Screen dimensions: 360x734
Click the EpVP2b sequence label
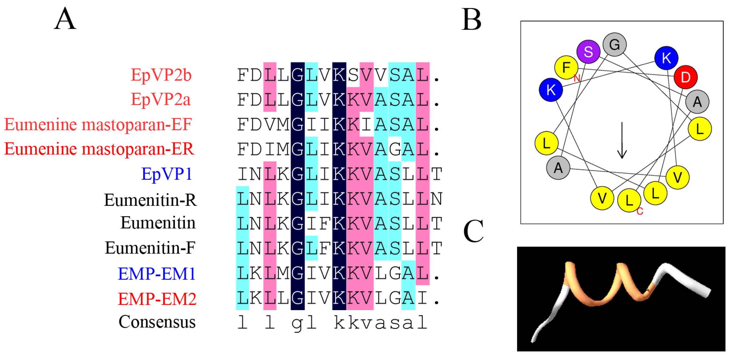(161, 75)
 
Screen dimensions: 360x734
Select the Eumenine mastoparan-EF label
(98, 124)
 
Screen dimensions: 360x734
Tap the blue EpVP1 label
(167, 174)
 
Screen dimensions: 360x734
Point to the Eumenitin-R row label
(150, 200)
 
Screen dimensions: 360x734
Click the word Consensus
(157, 322)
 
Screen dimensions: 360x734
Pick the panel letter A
(65, 19)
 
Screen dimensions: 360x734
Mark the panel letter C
(473, 231)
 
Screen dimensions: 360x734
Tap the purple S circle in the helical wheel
(588, 52)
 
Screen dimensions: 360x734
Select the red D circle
(685, 77)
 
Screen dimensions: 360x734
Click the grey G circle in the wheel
(615, 44)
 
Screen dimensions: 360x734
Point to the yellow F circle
(566, 67)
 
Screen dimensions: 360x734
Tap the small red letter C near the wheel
(640, 211)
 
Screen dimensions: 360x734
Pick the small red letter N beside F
(577, 78)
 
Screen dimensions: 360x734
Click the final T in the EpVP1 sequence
(436, 174)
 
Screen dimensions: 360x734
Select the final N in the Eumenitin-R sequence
(436, 199)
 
